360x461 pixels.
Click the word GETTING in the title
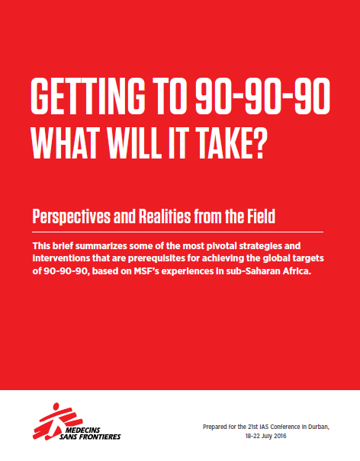(88, 96)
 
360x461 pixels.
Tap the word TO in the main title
(171, 96)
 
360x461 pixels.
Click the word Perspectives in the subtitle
(72, 216)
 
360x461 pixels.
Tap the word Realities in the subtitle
(165, 216)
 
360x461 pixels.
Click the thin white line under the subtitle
(178, 232)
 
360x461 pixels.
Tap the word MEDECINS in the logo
(82, 431)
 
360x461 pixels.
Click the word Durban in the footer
(318, 427)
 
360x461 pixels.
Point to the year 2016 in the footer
(280, 436)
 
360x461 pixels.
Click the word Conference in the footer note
(285, 427)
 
